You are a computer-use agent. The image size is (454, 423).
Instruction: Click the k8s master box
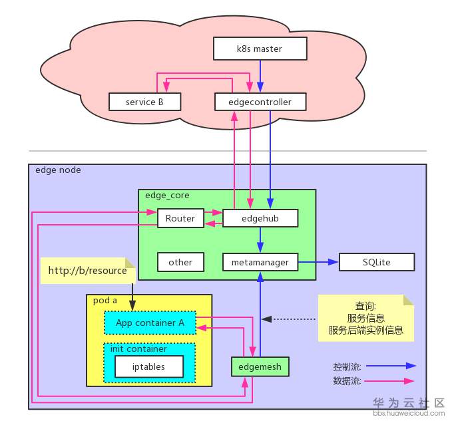[x=260, y=49]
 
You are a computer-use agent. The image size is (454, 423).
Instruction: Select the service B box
[x=144, y=102]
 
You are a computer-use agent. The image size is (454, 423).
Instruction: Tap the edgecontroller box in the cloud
[x=261, y=102]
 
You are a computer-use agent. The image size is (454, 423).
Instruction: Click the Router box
[x=180, y=218]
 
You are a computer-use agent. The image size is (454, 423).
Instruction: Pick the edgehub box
[x=260, y=218]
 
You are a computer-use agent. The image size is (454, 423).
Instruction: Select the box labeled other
[x=180, y=262]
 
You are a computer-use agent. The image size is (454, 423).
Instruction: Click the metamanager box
[x=260, y=262]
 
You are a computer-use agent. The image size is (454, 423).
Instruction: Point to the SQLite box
[x=377, y=262]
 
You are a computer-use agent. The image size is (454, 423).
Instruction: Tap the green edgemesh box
[x=260, y=366]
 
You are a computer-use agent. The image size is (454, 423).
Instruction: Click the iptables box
[x=148, y=366]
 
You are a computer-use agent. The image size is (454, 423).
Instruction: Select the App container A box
[x=150, y=323]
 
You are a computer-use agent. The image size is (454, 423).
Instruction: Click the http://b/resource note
[x=88, y=271]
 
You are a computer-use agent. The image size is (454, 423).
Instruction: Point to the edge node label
[x=58, y=170]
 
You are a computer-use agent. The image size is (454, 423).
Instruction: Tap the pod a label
[x=105, y=300]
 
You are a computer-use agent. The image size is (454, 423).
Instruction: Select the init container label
[x=138, y=349]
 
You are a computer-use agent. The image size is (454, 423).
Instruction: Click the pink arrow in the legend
[x=391, y=381]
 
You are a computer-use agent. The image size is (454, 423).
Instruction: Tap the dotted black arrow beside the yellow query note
[x=293, y=319]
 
